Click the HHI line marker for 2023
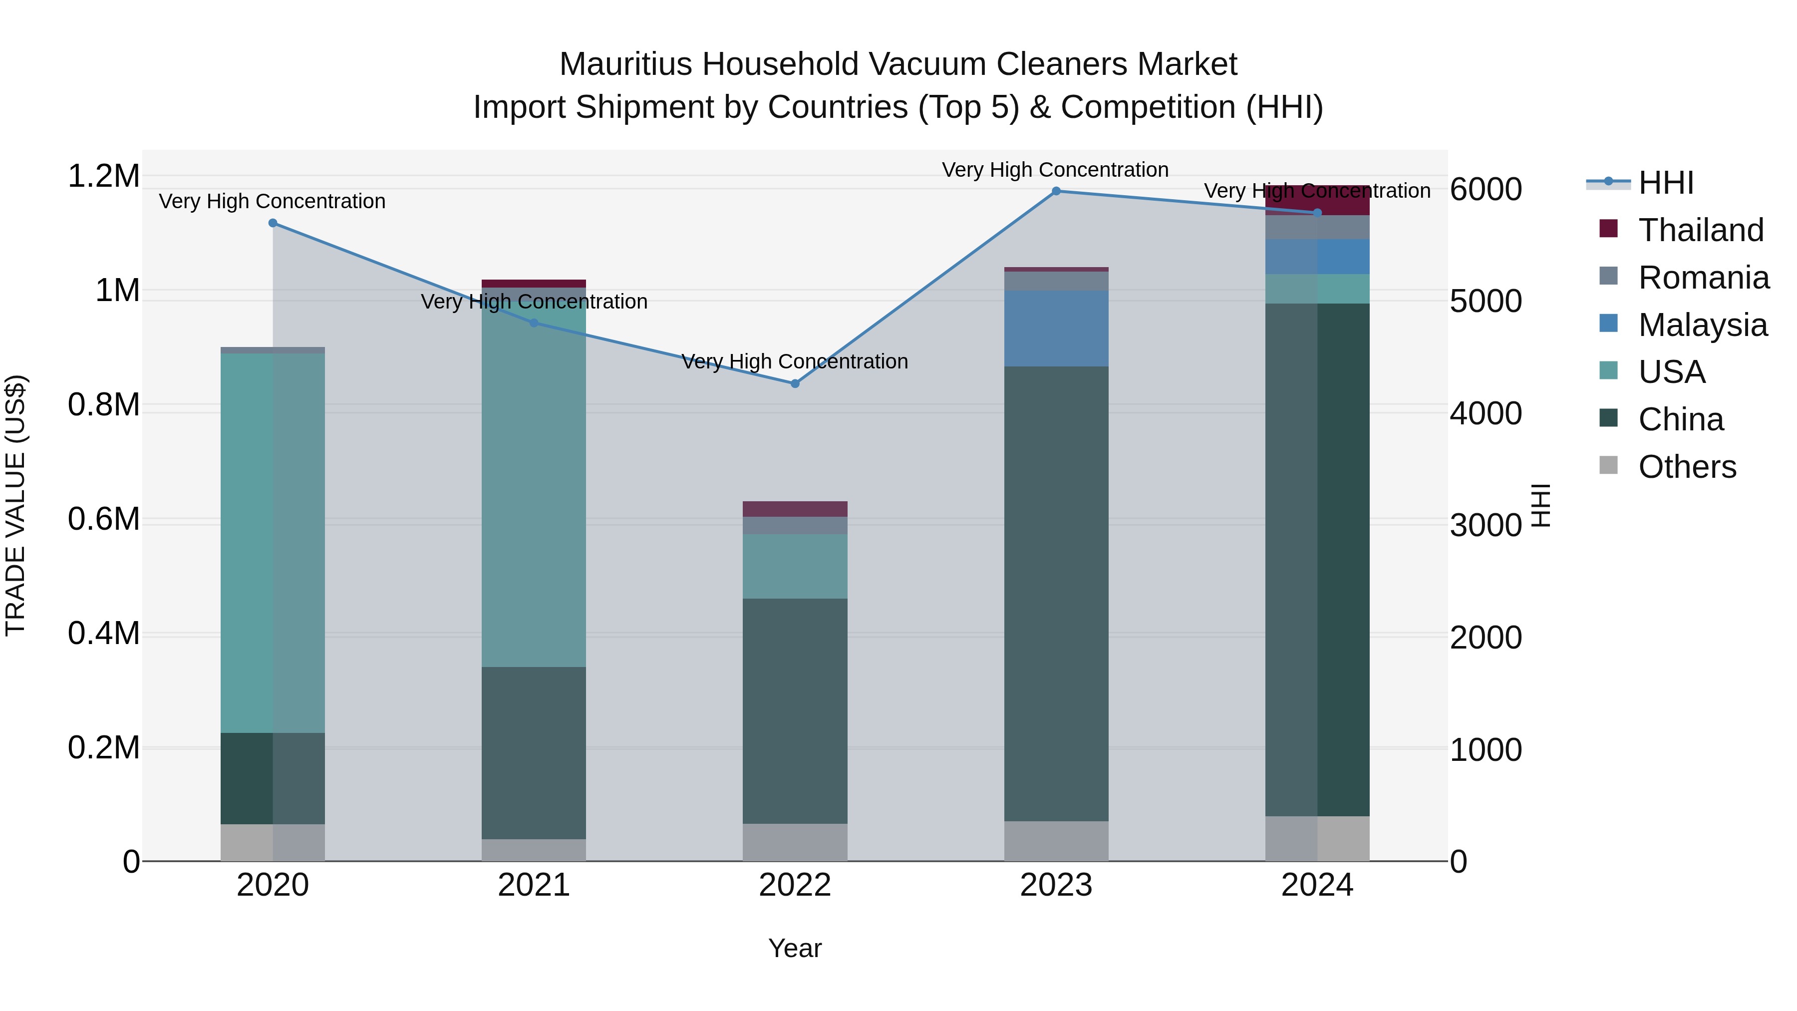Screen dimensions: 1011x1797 coord(1056,191)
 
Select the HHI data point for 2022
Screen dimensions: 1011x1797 coord(795,384)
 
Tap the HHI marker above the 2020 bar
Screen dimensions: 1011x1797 coord(273,223)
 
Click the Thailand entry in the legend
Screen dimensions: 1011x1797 coord(1701,230)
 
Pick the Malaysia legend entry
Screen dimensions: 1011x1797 coord(1702,325)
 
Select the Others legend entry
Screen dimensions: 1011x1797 coord(1687,467)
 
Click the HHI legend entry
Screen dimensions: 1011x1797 coord(1666,183)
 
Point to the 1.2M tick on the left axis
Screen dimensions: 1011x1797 coord(104,176)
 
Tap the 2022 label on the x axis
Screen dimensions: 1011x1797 coord(795,885)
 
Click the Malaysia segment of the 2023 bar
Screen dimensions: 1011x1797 coord(1056,328)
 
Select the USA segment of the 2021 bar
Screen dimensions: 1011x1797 coord(534,481)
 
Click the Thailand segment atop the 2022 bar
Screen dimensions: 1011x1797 coord(795,509)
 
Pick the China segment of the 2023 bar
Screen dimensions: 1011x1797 coord(1056,593)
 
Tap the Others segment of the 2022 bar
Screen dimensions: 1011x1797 coord(795,842)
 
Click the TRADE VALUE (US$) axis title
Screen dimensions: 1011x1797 coord(15,505)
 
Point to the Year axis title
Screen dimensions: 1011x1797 coord(795,948)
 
